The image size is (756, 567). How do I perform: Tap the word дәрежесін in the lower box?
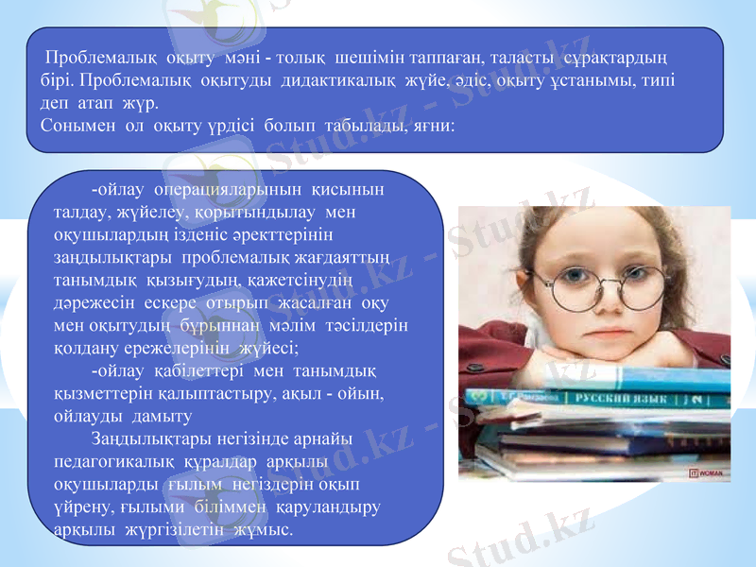pos(94,302)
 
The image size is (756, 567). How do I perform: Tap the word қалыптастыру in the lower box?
pos(207,393)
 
